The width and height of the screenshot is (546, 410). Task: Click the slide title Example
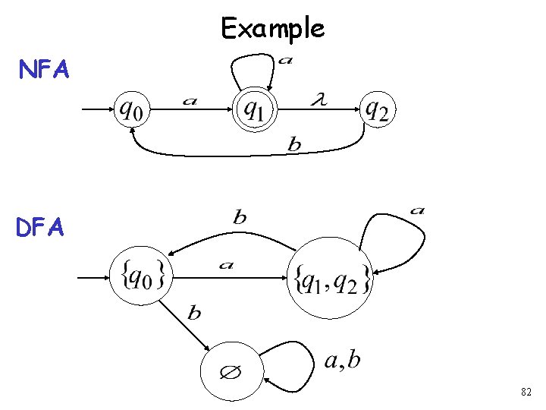[x=272, y=28]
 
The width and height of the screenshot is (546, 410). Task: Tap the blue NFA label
[x=44, y=71]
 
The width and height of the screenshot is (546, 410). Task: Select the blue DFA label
[x=43, y=225]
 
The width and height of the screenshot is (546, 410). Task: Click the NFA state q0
[x=133, y=111]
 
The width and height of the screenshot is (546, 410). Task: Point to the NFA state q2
[x=377, y=111]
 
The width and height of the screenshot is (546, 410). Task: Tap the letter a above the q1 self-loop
[x=284, y=60]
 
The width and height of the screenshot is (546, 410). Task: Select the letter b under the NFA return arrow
[x=294, y=144]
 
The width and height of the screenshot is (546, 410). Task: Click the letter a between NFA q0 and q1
[x=190, y=99]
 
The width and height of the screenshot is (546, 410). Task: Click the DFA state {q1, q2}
[x=332, y=279]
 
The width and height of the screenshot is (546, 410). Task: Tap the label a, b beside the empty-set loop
[x=342, y=359]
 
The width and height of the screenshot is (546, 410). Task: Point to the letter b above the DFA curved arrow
[x=240, y=217]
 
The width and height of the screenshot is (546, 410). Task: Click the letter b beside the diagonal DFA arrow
[x=194, y=313]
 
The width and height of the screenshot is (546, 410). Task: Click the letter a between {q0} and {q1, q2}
[x=226, y=265]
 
